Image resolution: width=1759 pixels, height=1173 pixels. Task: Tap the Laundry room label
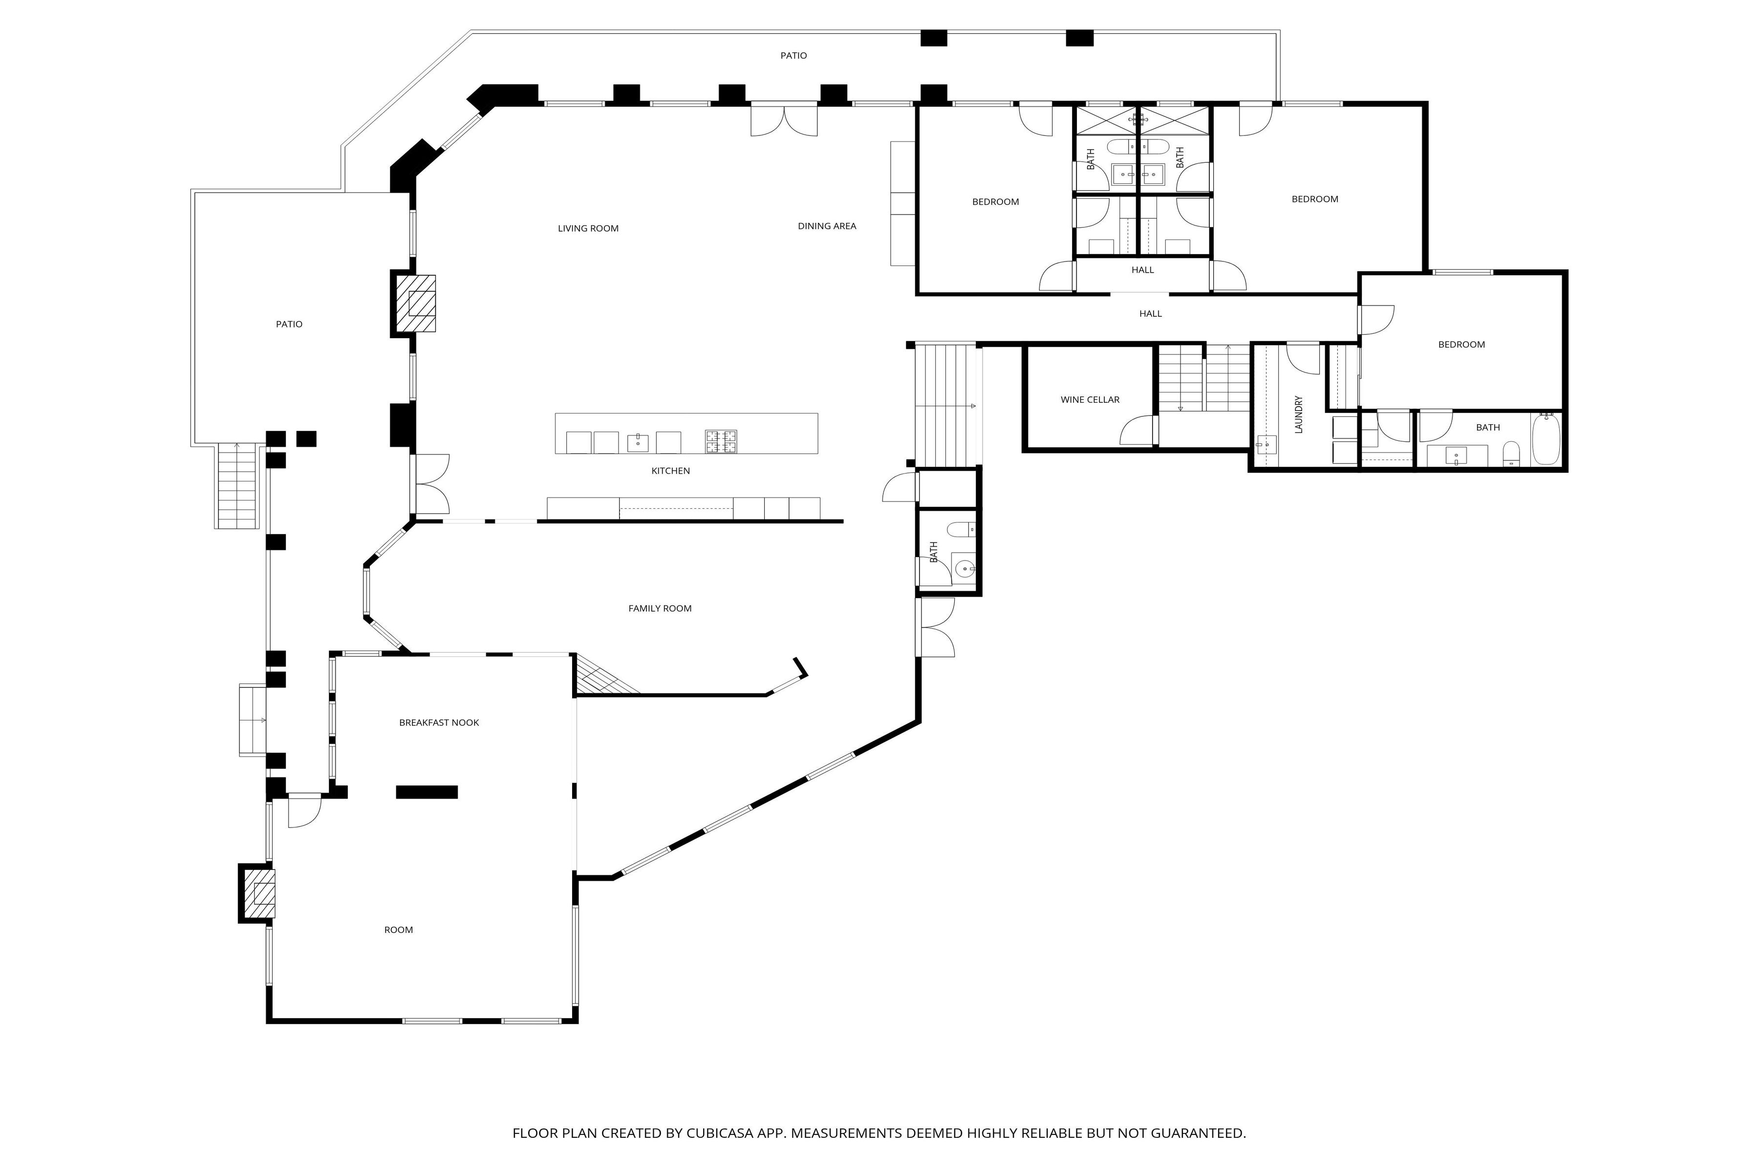point(1298,414)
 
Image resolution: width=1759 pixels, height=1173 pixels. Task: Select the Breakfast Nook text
point(439,723)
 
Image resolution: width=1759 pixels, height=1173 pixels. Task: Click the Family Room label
point(660,608)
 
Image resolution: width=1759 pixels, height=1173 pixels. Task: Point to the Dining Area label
point(826,226)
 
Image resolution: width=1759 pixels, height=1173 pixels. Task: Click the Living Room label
point(588,228)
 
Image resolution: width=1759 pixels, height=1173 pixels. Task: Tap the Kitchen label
point(670,471)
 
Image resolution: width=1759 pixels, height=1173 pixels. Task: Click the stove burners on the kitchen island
point(721,441)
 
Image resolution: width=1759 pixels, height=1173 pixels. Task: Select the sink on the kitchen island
point(637,442)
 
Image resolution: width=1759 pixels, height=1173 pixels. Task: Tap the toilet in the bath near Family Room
point(961,530)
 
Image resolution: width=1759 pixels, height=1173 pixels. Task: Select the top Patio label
point(794,55)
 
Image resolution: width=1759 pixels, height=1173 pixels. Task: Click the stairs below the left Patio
point(237,486)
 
